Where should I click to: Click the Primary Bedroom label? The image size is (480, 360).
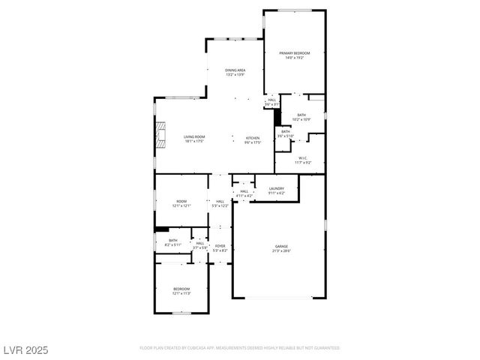pos(294,55)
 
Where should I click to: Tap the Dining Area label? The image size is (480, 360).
pos(235,73)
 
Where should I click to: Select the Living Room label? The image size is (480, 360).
pos(194,139)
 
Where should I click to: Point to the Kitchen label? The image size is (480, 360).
pos(253,140)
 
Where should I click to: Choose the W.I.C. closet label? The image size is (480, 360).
pos(303,160)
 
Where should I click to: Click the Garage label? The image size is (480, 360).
pos(281,248)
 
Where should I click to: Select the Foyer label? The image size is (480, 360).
pos(220,247)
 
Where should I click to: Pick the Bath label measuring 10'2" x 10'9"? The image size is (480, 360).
pos(301,117)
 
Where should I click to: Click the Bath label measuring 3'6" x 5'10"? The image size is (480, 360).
pos(286,133)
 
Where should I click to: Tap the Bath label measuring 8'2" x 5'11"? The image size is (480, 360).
pos(172,242)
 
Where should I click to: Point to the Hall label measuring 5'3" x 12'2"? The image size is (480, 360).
pos(220,203)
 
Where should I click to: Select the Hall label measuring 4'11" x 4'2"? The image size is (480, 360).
pos(244,193)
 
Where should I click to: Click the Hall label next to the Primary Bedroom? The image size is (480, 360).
pos(271,101)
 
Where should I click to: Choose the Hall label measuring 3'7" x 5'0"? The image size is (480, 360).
pos(199,245)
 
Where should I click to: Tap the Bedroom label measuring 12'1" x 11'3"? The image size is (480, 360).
pos(181,291)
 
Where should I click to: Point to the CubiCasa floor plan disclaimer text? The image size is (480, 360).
pos(239,348)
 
